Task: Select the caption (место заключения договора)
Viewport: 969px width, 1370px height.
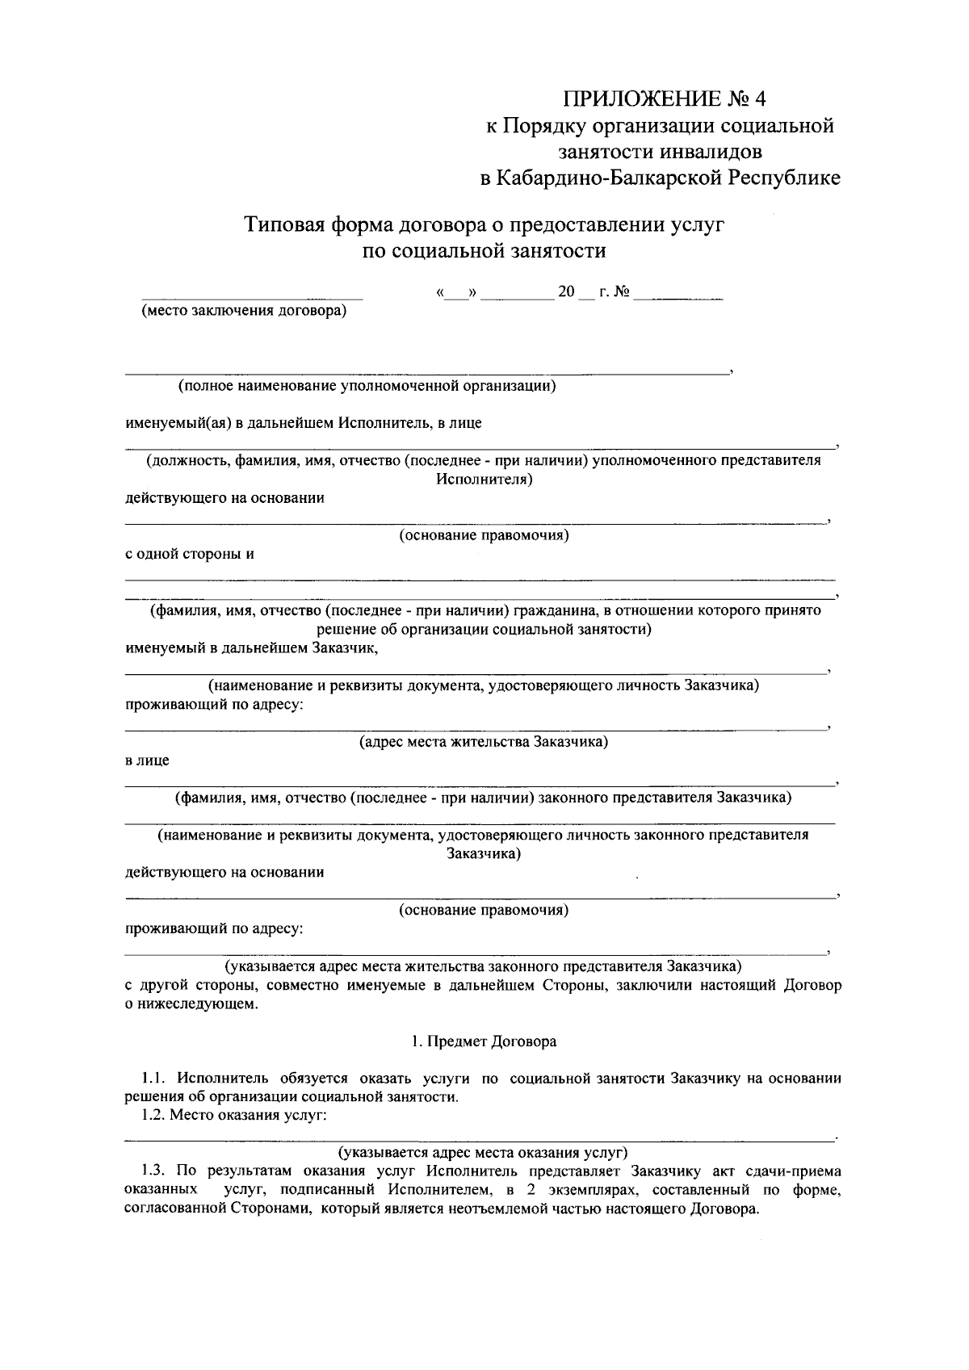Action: (x=243, y=312)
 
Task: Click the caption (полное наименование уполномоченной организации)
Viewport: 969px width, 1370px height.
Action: (x=367, y=386)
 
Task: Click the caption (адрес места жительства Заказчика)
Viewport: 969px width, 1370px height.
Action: (x=483, y=741)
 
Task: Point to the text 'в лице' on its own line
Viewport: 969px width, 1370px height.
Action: (x=147, y=760)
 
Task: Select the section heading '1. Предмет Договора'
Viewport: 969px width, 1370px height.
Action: (x=483, y=1041)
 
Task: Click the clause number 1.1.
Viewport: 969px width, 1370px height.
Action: (x=153, y=1078)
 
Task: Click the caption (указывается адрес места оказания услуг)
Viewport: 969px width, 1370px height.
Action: (x=483, y=1152)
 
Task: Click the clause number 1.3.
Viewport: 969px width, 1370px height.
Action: (x=153, y=1171)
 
